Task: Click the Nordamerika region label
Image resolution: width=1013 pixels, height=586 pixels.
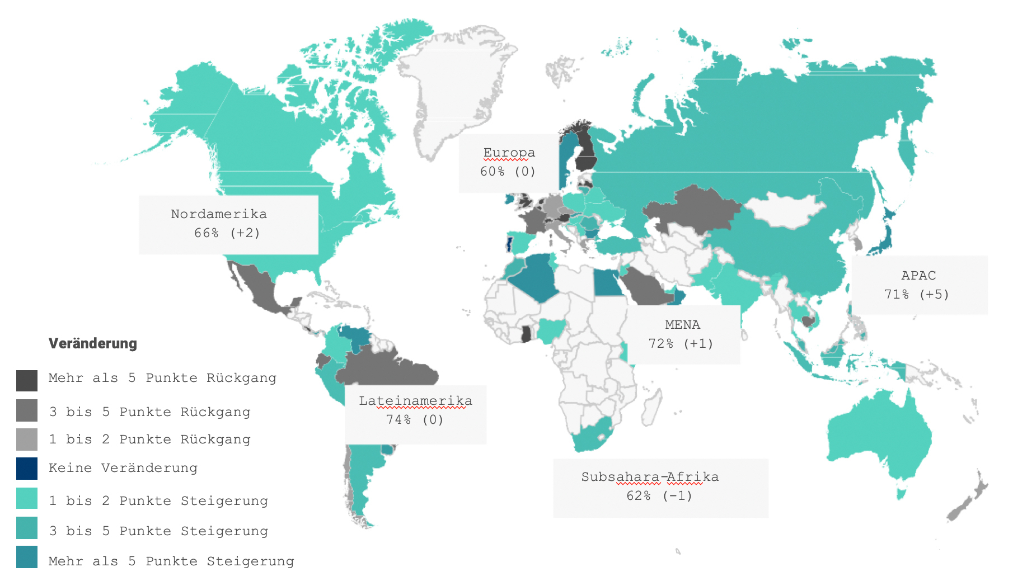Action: (x=219, y=214)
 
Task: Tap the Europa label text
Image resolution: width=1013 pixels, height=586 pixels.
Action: (x=509, y=153)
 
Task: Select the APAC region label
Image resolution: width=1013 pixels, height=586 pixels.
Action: (x=918, y=275)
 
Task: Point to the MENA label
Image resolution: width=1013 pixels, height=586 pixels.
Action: (x=682, y=324)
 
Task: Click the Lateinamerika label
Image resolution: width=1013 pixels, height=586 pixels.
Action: (x=415, y=401)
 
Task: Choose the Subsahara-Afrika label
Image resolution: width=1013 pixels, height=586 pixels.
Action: (x=650, y=477)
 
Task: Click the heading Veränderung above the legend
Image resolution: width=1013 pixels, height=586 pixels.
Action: (x=93, y=343)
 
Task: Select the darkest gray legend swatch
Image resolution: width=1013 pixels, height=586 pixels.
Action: (x=27, y=380)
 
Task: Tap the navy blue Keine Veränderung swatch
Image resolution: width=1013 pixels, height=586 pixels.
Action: (x=27, y=469)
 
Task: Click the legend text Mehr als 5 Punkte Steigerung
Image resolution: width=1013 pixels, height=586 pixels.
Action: (x=171, y=561)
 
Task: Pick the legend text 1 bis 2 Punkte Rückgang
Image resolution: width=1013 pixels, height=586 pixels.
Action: (x=149, y=439)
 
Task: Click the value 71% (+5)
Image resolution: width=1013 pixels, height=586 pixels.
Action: (x=917, y=294)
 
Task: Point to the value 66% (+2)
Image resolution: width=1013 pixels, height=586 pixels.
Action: (x=227, y=233)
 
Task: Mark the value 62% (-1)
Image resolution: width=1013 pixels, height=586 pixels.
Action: (x=659, y=495)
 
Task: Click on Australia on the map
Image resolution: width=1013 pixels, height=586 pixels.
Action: (x=879, y=436)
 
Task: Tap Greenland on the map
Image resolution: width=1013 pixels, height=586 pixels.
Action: (x=453, y=84)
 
